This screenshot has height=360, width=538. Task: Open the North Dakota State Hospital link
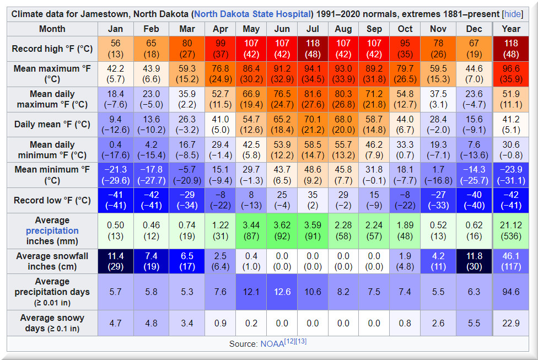[x=253, y=13]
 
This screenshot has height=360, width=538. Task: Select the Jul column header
[x=312, y=29]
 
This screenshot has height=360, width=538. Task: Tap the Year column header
[x=511, y=29]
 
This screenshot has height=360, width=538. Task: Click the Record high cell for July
[x=312, y=49]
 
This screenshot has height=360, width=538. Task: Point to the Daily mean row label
[x=52, y=125]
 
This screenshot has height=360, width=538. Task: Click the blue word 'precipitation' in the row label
[x=52, y=230]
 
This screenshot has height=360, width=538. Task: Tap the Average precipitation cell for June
[x=282, y=230]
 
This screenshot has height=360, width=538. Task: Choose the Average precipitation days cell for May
[x=251, y=292]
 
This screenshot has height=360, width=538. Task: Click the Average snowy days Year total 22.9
[x=511, y=323]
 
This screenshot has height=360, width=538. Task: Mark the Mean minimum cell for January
[x=116, y=175]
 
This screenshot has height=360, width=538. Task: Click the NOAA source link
[x=272, y=344]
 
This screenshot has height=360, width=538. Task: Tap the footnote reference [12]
[x=289, y=341]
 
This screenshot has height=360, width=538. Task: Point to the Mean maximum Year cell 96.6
[x=511, y=74]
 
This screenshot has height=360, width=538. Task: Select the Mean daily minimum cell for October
[x=405, y=149]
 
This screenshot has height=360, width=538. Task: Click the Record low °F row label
[x=52, y=200]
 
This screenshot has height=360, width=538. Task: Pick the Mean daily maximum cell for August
[x=343, y=99]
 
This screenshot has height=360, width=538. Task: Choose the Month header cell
[x=52, y=29]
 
